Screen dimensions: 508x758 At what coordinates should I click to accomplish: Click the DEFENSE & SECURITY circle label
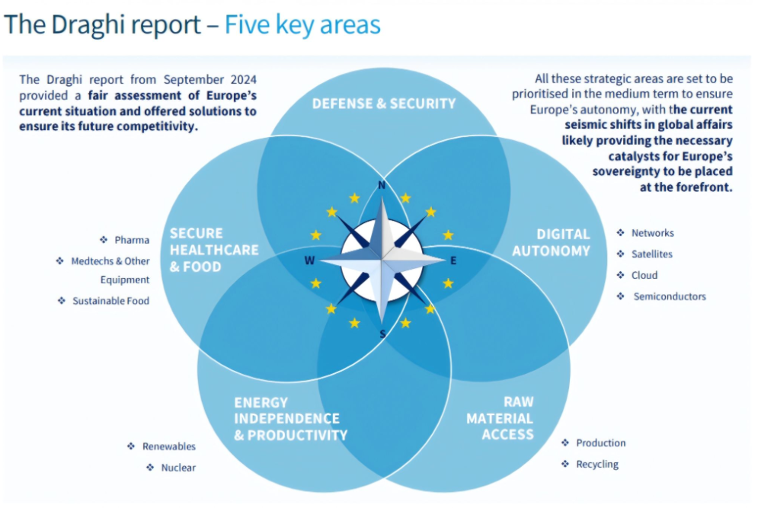click(383, 104)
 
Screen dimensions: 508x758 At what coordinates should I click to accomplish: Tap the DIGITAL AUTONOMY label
click(551, 242)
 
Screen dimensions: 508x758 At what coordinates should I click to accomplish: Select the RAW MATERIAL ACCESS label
click(500, 418)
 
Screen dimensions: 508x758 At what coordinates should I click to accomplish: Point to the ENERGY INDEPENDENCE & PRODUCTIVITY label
click(290, 419)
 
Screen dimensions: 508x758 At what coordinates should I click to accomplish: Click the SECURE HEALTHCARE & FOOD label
click(214, 250)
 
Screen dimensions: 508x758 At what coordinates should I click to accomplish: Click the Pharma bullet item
click(132, 240)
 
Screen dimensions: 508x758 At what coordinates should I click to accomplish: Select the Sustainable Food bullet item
click(110, 301)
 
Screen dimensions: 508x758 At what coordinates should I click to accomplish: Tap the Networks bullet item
click(652, 233)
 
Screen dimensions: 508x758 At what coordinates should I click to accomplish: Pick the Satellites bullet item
click(651, 254)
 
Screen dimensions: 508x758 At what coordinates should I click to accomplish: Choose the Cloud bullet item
click(644, 275)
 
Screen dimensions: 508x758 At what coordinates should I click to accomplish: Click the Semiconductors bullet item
click(670, 296)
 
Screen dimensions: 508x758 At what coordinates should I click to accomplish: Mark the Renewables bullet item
click(168, 446)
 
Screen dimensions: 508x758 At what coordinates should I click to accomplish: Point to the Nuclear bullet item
click(178, 468)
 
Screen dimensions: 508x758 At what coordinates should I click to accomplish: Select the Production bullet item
click(600, 443)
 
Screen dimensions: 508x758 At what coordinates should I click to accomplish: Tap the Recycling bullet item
click(597, 464)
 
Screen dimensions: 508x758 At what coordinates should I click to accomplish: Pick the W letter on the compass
click(309, 260)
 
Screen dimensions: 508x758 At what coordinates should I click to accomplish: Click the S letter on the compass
click(382, 334)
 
